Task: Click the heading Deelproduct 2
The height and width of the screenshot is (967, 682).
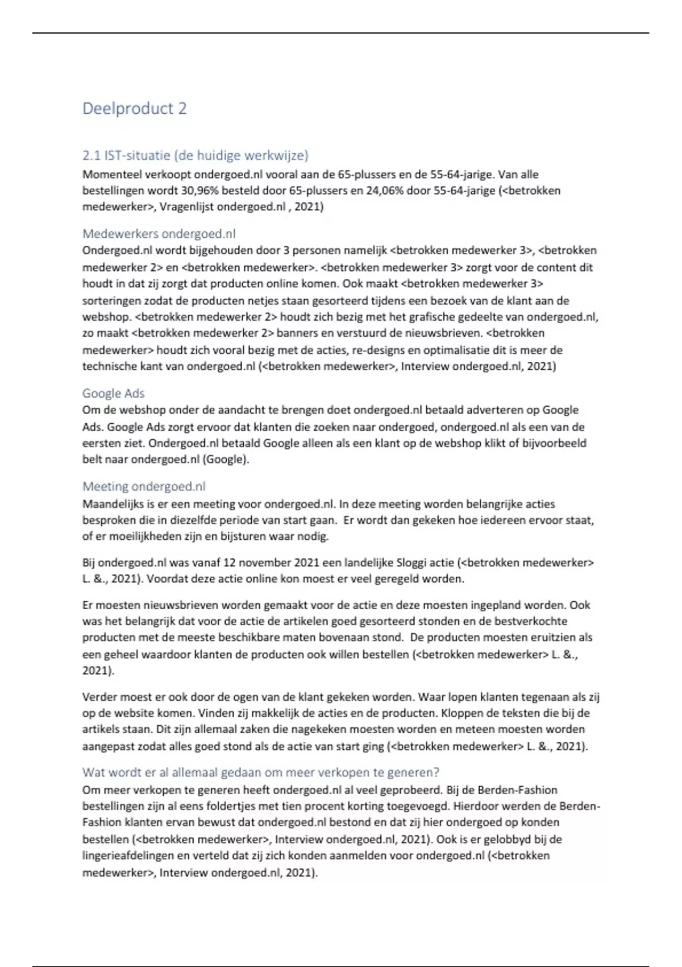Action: click(134, 108)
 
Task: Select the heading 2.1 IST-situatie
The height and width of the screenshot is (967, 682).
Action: click(196, 155)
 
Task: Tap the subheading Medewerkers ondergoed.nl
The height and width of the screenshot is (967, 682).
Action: click(159, 234)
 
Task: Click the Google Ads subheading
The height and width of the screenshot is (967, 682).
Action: click(113, 393)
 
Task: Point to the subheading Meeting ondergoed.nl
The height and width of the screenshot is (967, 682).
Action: click(144, 486)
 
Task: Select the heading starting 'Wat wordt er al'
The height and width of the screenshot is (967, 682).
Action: click(261, 772)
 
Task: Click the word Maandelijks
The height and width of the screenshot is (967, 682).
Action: click(114, 504)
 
